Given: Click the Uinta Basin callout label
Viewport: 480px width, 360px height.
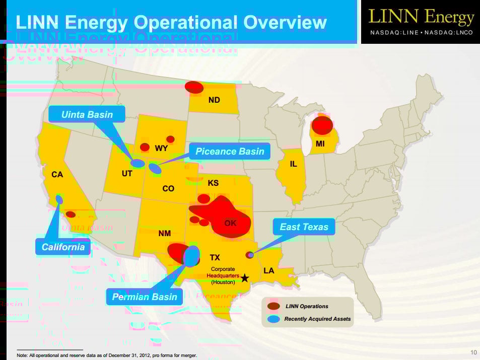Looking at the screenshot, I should pyautogui.click(x=87, y=114).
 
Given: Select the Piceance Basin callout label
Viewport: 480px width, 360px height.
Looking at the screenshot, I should pyautogui.click(x=230, y=151).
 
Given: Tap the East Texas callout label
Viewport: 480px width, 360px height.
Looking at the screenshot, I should pyautogui.click(x=304, y=227).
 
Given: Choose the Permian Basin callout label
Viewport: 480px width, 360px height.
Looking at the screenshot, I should pyautogui.click(x=145, y=297).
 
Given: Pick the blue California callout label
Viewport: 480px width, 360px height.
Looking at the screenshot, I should pyautogui.click(x=63, y=247).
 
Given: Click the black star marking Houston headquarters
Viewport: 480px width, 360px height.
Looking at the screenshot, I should pyautogui.click(x=245, y=277).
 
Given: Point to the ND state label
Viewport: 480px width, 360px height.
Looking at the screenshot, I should pyautogui.click(x=214, y=100).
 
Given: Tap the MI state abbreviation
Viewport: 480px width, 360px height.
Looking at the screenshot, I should pyautogui.click(x=320, y=144).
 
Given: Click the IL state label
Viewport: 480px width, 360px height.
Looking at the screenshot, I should pyautogui.click(x=293, y=164).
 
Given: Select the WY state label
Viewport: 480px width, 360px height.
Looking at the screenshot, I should pyautogui.click(x=161, y=149).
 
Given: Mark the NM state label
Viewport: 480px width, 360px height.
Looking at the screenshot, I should pyautogui.click(x=164, y=234).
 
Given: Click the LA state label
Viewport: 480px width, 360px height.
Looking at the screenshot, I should pyautogui.click(x=269, y=271).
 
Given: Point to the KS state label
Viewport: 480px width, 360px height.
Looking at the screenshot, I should pyautogui.click(x=213, y=183).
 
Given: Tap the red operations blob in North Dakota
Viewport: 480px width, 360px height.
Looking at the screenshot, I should pyautogui.click(x=194, y=87).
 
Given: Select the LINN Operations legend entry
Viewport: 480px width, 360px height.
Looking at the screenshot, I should pyautogui.click(x=307, y=306).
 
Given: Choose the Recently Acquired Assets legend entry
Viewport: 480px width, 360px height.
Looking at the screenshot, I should pyautogui.click(x=317, y=319).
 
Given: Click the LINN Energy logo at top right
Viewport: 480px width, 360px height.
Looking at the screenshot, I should pyautogui.click(x=421, y=22).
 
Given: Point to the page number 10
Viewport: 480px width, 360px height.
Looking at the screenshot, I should pyautogui.click(x=473, y=352).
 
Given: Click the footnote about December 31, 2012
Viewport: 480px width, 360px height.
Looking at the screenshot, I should pyautogui.click(x=107, y=355).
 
